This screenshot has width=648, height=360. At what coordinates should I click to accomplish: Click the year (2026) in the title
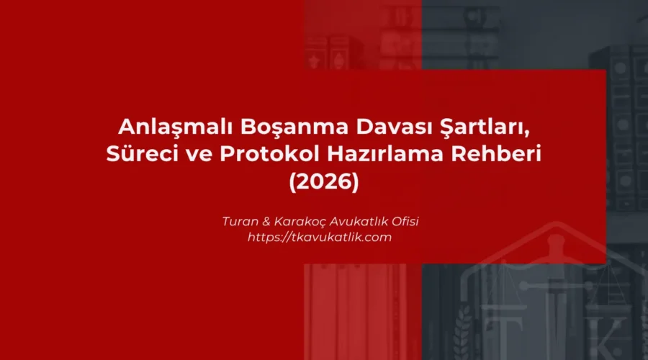[x=323, y=181]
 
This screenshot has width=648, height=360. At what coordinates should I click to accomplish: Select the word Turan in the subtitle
[x=240, y=221]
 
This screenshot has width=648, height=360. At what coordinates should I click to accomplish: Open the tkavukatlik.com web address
[x=320, y=238]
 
